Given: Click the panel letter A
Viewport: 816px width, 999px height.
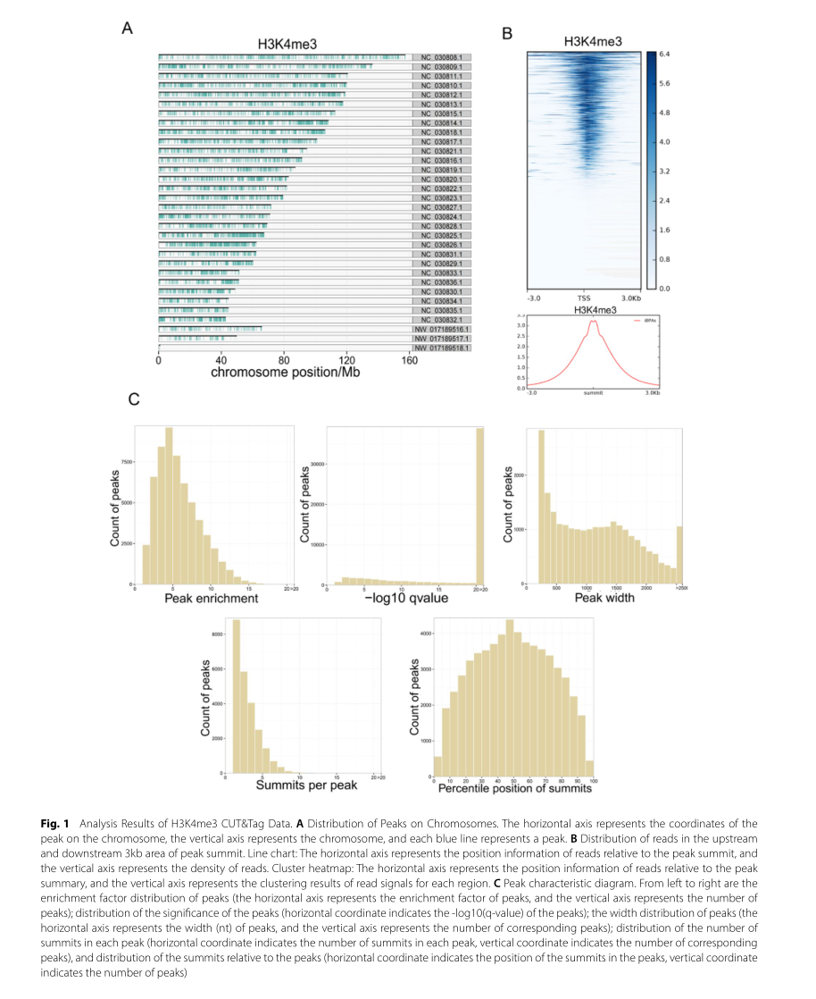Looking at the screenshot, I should click(128, 28).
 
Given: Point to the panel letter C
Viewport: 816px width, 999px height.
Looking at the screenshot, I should click(134, 400).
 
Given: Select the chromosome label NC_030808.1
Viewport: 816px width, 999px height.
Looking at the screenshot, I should click(441, 58).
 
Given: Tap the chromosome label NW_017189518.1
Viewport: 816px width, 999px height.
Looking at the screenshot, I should click(441, 348).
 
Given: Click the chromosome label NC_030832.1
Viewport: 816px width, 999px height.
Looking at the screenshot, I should click(441, 320).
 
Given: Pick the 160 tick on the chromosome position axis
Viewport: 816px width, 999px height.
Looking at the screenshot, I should click(410, 362).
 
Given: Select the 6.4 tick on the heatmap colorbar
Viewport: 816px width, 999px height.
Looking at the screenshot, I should click(665, 55).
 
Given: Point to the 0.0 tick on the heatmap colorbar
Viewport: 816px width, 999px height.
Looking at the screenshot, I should click(665, 289).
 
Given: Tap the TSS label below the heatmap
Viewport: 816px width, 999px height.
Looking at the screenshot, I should click(584, 298).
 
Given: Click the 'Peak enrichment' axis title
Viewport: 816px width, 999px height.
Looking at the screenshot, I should click(212, 598).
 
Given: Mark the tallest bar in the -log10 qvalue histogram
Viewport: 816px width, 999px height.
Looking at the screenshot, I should click(479, 506).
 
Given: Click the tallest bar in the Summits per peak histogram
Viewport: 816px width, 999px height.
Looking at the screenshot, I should click(237, 696).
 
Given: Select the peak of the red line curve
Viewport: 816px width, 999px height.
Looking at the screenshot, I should click(591, 324).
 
